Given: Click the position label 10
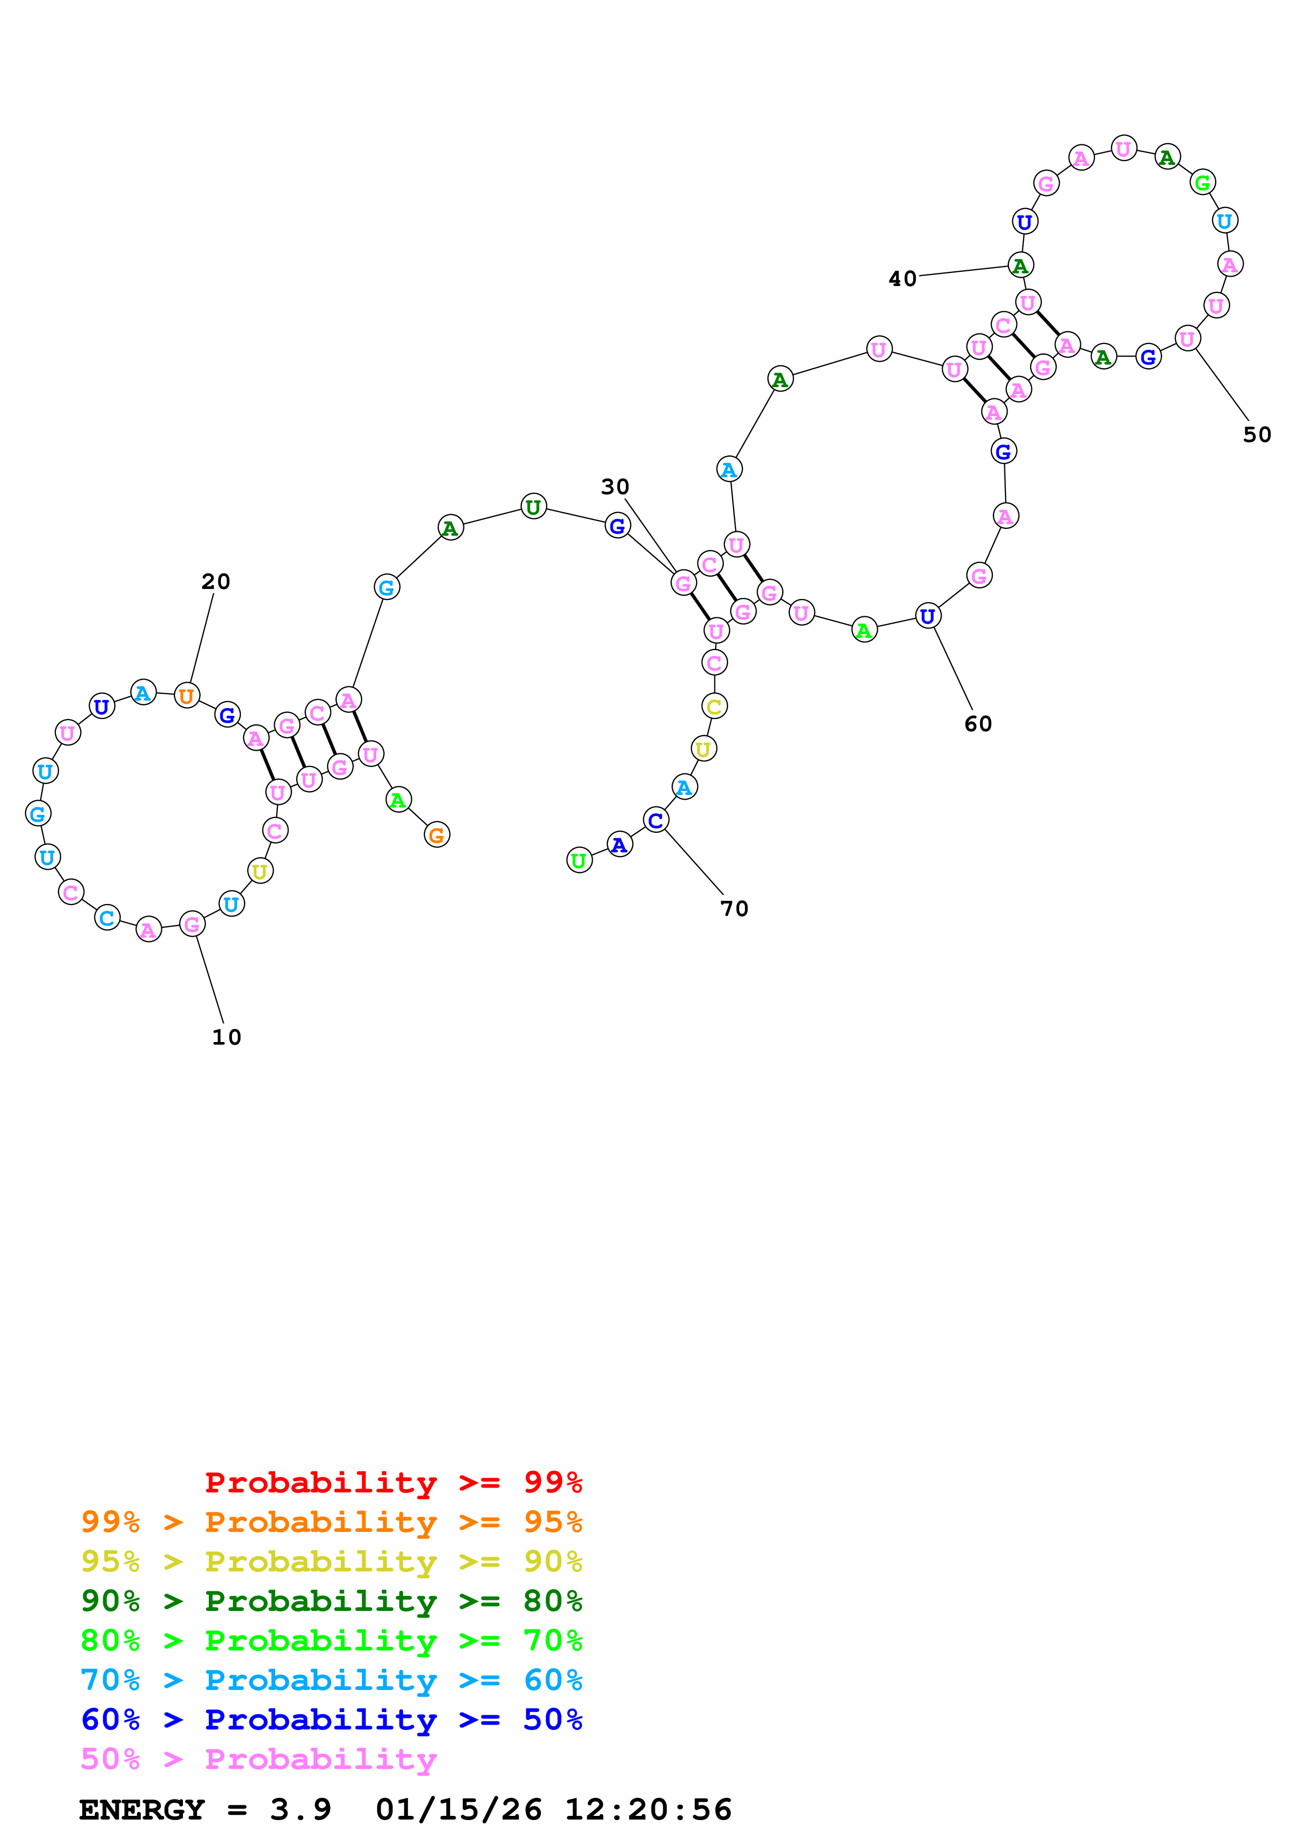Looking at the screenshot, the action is (x=226, y=1037).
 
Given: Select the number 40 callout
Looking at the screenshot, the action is (x=902, y=279).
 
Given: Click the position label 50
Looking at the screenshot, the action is (x=1256, y=435).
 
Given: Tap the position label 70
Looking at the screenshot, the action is (x=733, y=909).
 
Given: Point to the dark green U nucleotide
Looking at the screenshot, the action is (x=533, y=507).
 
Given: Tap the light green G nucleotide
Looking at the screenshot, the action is (x=1202, y=183).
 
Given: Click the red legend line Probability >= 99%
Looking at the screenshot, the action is (x=393, y=1482).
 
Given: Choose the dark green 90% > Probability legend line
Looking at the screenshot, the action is (x=331, y=1601).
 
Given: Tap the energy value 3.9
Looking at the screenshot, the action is (x=301, y=1810).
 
